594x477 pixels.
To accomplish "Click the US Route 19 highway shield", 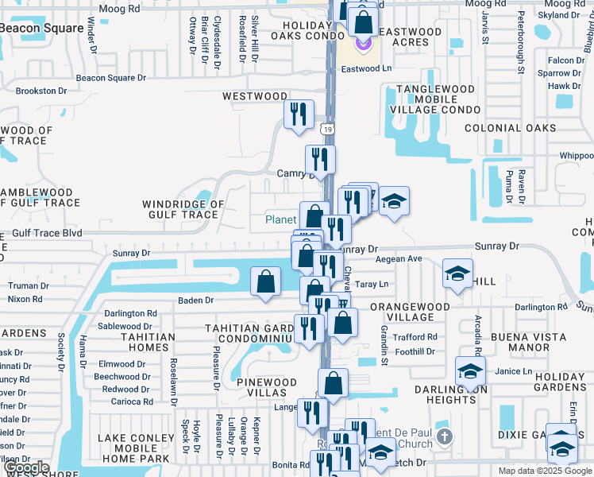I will (328, 128).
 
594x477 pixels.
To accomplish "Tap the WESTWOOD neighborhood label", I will (254, 96).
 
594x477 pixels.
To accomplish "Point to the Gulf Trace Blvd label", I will (47, 233).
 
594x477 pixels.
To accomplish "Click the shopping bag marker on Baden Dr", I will (265, 282).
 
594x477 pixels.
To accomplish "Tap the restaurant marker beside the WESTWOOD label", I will (299, 114).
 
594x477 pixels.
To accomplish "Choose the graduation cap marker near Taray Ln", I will (457, 274).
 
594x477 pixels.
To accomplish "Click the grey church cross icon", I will (445, 436).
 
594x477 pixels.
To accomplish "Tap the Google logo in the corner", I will (25, 468).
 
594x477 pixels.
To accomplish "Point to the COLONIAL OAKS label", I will (510, 128).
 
